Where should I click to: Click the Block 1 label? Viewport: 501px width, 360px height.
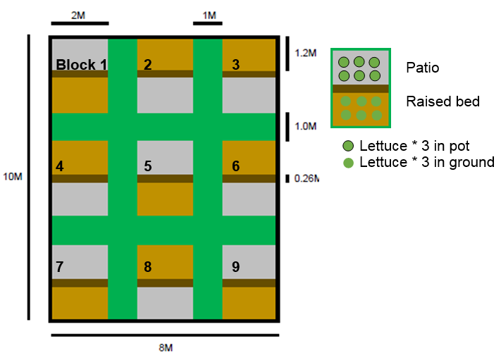[81, 65]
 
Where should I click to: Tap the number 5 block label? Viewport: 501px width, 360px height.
[147, 167]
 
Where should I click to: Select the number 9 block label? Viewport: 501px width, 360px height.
[235, 267]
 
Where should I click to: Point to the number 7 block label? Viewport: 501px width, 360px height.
[59, 267]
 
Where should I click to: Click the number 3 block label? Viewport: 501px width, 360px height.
[235, 65]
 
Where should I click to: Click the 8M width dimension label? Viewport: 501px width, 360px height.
[165, 348]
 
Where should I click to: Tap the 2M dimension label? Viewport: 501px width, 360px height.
[80, 15]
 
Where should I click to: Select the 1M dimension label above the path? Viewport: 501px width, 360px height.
[209, 15]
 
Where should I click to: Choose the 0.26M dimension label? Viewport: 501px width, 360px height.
[306, 179]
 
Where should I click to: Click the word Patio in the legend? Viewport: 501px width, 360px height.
[422, 69]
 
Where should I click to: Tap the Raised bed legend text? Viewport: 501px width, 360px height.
[443, 101]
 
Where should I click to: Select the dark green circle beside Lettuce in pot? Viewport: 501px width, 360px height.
[347, 147]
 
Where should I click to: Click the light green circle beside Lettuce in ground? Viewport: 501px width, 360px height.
[347, 162]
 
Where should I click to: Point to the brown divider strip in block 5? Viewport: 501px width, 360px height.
[165, 179]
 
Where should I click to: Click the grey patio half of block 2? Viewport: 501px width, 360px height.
[165, 95]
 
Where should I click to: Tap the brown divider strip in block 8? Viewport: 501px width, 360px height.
[165, 283]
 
